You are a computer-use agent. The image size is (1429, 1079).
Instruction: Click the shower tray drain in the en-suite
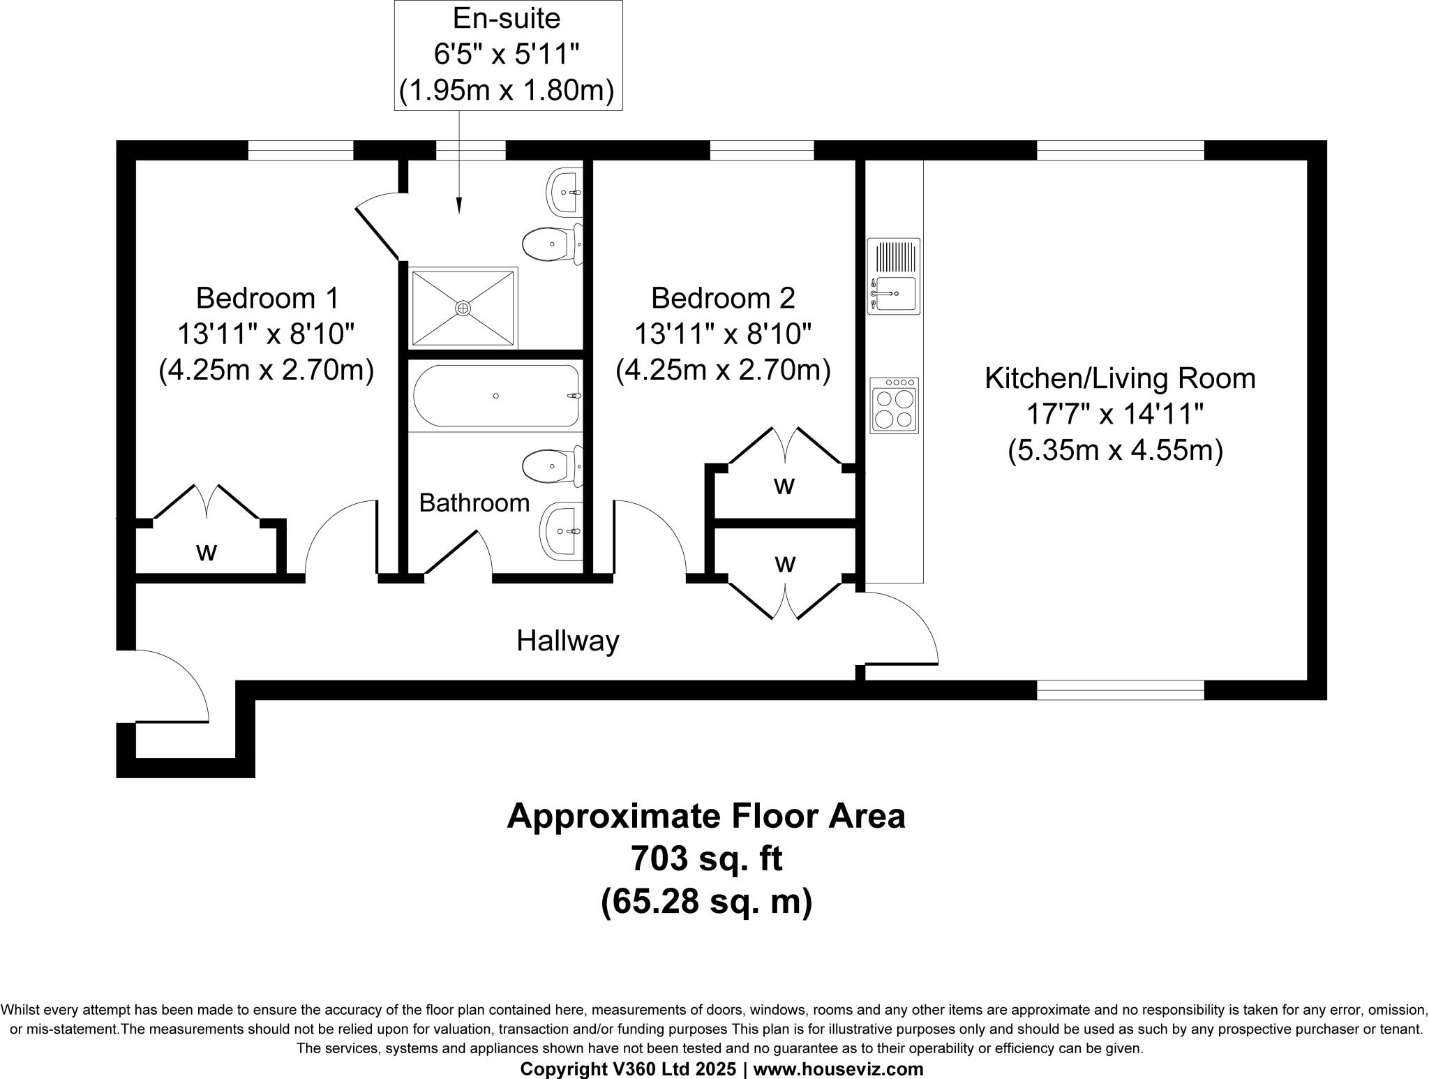(x=463, y=307)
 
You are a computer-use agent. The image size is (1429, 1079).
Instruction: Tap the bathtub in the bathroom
(x=496, y=396)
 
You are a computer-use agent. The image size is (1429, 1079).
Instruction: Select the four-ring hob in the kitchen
(x=895, y=405)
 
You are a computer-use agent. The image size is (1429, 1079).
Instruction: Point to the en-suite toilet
(x=551, y=244)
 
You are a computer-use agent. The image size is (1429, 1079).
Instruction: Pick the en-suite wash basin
(x=563, y=192)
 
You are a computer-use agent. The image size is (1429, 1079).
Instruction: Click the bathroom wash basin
(x=561, y=531)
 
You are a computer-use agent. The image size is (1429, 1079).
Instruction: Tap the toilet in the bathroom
(x=551, y=466)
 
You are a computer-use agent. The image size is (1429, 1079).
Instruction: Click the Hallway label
(x=567, y=640)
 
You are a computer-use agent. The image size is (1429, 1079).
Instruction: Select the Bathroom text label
(x=474, y=503)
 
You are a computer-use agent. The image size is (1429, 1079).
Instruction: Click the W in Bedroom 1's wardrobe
(x=206, y=553)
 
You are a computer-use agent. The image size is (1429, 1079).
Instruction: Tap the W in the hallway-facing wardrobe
(x=785, y=563)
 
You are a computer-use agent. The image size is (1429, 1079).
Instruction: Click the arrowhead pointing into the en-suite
(x=459, y=205)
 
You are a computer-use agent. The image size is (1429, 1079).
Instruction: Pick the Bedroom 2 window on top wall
(x=762, y=150)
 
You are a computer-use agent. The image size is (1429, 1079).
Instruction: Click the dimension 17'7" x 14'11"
(x=1115, y=415)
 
